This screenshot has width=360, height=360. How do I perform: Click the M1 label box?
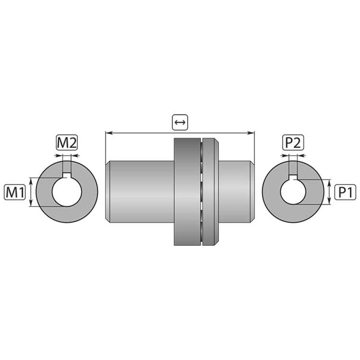click(x=15, y=192)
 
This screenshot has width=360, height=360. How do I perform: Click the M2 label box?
click(x=67, y=143)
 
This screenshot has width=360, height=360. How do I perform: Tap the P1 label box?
click(x=345, y=192)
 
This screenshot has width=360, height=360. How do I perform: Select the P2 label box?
click(x=293, y=143)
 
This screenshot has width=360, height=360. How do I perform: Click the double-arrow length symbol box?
click(x=180, y=122)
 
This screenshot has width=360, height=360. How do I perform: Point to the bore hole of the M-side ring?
click(x=67, y=192)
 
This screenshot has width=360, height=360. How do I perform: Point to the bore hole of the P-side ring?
click(x=293, y=192)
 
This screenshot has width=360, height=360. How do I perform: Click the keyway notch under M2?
click(x=67, y=175)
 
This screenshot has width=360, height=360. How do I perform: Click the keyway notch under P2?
click(x=293, y=177)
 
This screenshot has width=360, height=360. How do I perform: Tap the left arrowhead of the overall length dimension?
click(x=108, y=133)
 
